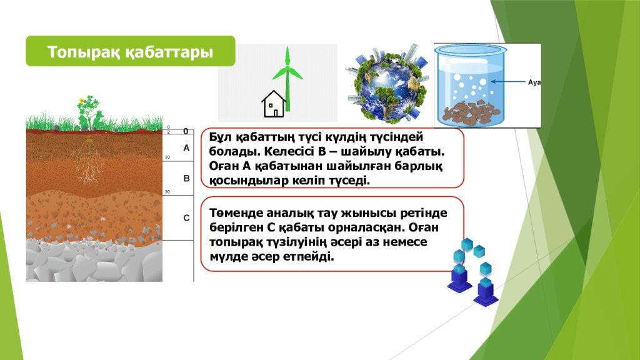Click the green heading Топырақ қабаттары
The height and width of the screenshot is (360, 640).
(130, 52)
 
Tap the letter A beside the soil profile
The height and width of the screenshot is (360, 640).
(186, 148)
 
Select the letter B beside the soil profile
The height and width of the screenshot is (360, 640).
(186, 179)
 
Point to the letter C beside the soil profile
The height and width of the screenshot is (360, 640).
(186, 218)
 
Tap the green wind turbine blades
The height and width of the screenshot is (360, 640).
(287, 67)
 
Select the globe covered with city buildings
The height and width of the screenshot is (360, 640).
(386, 82)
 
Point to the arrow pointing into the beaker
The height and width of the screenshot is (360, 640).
(507, 82)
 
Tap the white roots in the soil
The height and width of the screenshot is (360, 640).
(87, 159)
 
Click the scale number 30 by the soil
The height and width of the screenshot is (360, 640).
(167, 192)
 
